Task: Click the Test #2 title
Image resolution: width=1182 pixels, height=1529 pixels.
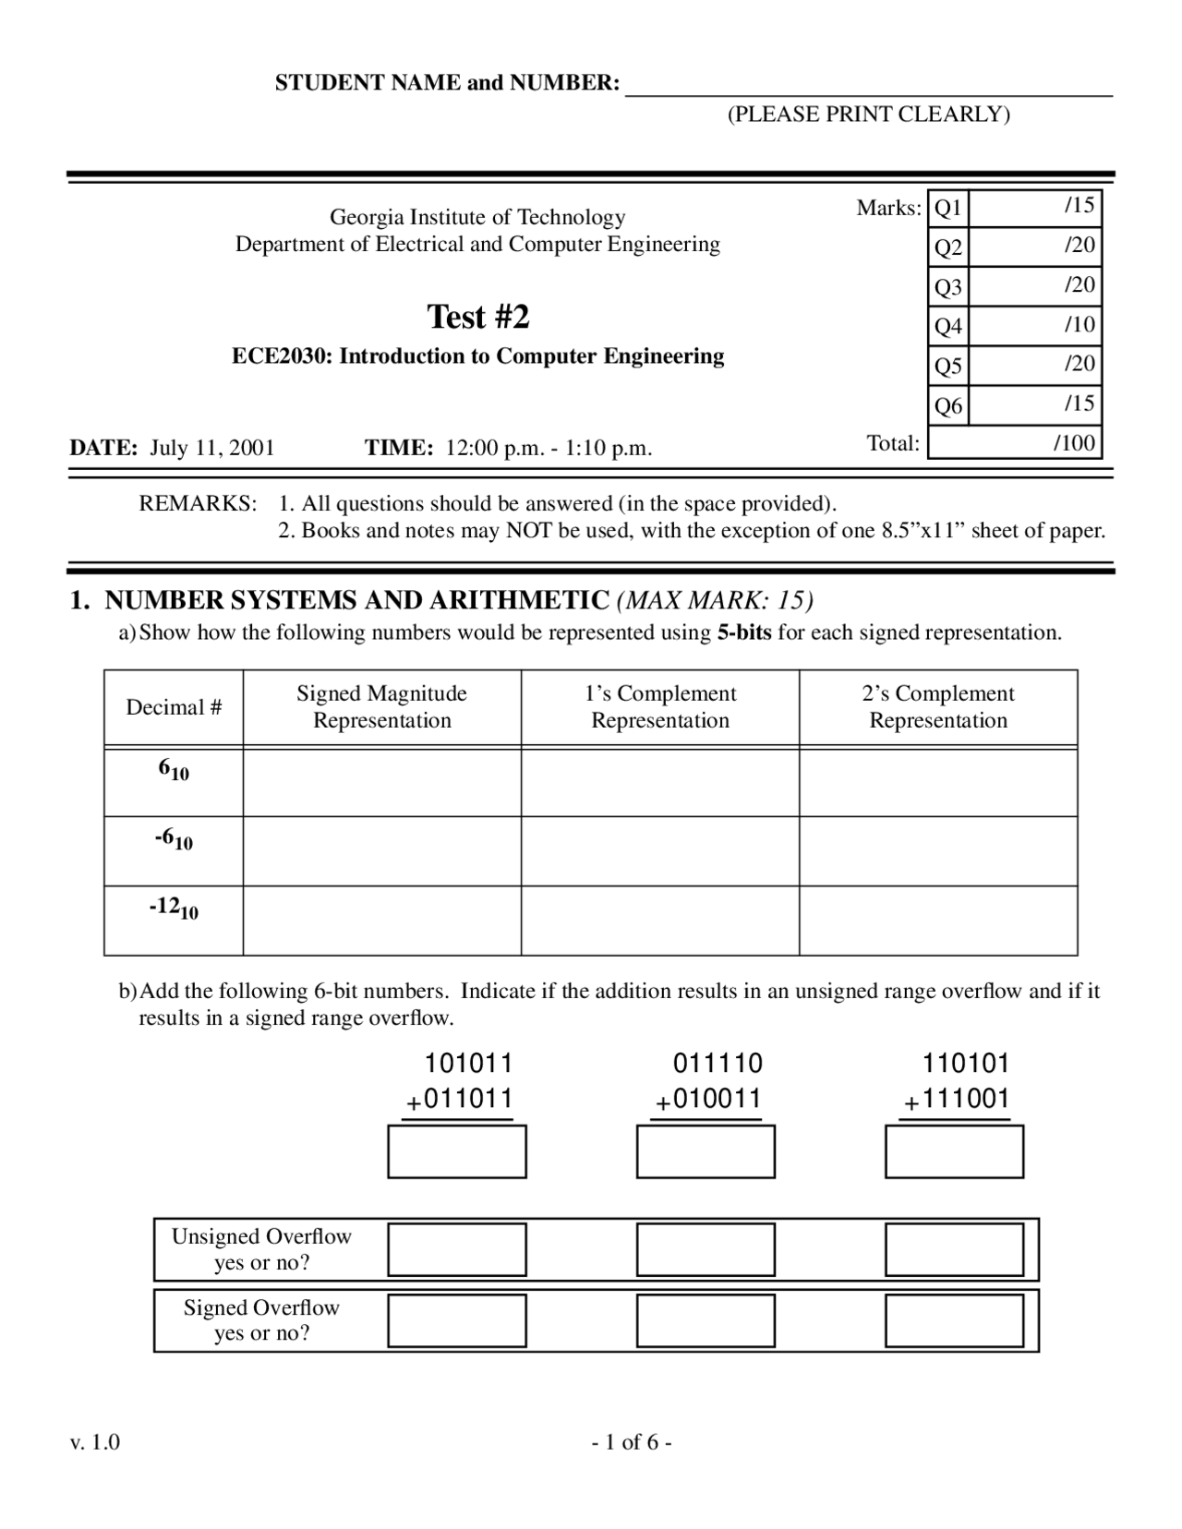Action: pos(477,317)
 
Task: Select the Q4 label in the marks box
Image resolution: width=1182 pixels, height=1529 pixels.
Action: pos(947,326)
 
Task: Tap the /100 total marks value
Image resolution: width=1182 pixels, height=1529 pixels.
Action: pos(1074,443)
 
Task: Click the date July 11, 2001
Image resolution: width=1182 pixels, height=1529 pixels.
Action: pos(212,449)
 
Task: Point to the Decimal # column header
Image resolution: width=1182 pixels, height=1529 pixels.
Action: pos(174,707)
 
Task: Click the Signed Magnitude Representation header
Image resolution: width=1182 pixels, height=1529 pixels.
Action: pos(381,707)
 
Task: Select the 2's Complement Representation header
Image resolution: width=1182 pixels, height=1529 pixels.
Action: pos(937,707)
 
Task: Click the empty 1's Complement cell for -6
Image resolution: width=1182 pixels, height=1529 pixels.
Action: pos(659,850)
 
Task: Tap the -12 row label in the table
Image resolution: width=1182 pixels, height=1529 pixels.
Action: pos(174,909)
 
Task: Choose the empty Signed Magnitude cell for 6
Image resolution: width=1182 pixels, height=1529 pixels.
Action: pos(381,782)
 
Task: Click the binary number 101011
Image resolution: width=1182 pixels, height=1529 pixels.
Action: pos(468,1064)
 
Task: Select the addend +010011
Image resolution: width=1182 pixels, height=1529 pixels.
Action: pos(708,1100)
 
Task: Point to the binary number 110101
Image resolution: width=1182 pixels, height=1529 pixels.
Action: pos(966,1064)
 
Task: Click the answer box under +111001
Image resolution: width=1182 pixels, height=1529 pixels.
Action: pos(954,1151)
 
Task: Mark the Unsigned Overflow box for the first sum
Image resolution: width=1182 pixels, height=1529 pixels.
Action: pos(457,1249)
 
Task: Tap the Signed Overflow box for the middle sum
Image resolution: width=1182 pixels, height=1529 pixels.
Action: pos(706,1320)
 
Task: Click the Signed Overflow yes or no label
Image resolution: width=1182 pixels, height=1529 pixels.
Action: pos(261,1320)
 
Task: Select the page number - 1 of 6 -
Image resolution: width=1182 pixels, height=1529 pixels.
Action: pos(632,1442)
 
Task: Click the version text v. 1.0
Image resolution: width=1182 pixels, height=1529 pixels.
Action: pos(94,1442)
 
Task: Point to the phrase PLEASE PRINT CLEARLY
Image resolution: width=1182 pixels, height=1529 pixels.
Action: pos(868,114)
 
